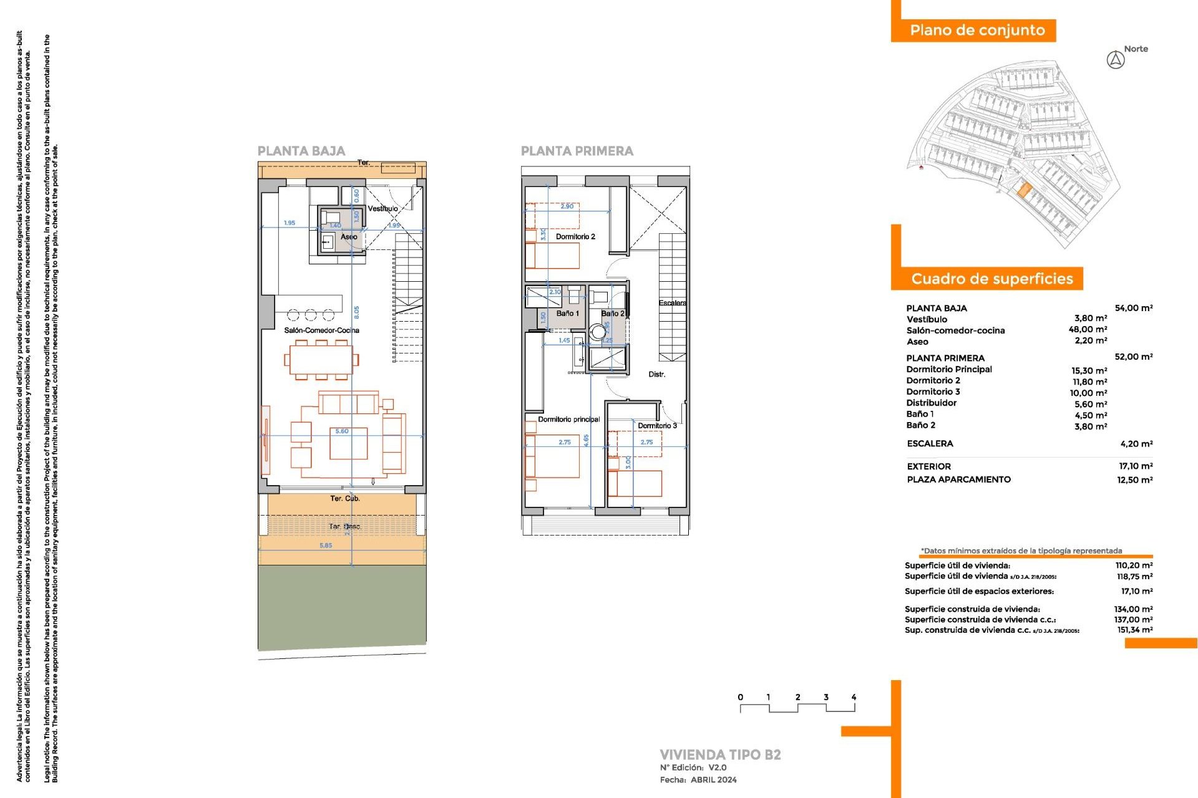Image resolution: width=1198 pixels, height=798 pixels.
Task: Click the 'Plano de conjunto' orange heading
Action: (x=976, y=31)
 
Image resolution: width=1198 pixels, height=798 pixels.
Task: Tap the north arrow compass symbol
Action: (x=1116, y=60)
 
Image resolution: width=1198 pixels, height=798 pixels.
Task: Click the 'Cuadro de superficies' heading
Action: (x=991, y=279)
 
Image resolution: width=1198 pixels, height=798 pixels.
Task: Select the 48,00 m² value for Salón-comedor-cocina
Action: (x=1088, y=330)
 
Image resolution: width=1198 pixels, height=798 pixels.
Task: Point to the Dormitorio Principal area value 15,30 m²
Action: (x=1089, y=370)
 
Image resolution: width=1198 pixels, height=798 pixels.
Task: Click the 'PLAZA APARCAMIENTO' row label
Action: (x=958, y=479)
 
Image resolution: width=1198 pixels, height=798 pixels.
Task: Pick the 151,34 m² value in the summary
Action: (x=1134, y=630)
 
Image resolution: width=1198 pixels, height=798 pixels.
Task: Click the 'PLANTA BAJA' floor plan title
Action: (x=301, y=151)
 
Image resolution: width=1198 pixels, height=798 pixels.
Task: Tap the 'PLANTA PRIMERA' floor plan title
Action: (x=577, y=151)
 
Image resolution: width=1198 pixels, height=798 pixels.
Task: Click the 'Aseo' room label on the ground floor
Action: (x=349, y=237)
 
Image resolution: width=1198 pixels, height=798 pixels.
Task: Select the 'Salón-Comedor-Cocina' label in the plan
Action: (x=321, y=330)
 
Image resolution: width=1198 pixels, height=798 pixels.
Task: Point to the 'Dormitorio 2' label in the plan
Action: (x=575, y=237)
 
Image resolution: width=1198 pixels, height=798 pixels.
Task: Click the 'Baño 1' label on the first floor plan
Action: (x=568, y=314)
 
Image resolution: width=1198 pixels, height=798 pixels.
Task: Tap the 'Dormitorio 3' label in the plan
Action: (x=657, y=426)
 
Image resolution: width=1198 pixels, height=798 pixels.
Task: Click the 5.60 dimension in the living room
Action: (x=342, y=431)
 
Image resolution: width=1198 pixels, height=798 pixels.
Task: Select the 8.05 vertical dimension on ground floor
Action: (x=356, y=312)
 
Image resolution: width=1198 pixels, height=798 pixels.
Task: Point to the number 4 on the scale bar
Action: (x=854, y=698)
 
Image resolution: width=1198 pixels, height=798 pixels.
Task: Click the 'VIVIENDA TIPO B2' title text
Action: (x=720, y=755)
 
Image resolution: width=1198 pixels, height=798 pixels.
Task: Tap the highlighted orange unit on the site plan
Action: (x=1023, y=190)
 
